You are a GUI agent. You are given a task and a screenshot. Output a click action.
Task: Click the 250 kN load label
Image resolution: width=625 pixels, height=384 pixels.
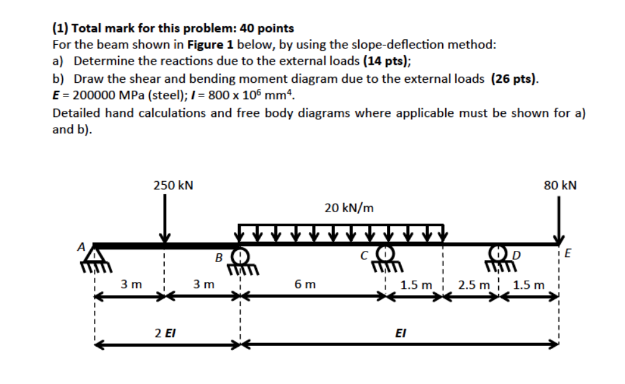173,185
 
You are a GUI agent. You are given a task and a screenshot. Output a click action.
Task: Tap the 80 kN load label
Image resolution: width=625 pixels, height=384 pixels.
560,185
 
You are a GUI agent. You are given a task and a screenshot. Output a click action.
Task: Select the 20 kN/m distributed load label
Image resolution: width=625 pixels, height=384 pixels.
349,207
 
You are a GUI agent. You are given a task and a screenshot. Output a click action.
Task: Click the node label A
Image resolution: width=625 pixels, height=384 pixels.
80,246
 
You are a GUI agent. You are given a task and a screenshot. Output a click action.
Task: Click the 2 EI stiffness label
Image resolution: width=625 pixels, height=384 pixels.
165,333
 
